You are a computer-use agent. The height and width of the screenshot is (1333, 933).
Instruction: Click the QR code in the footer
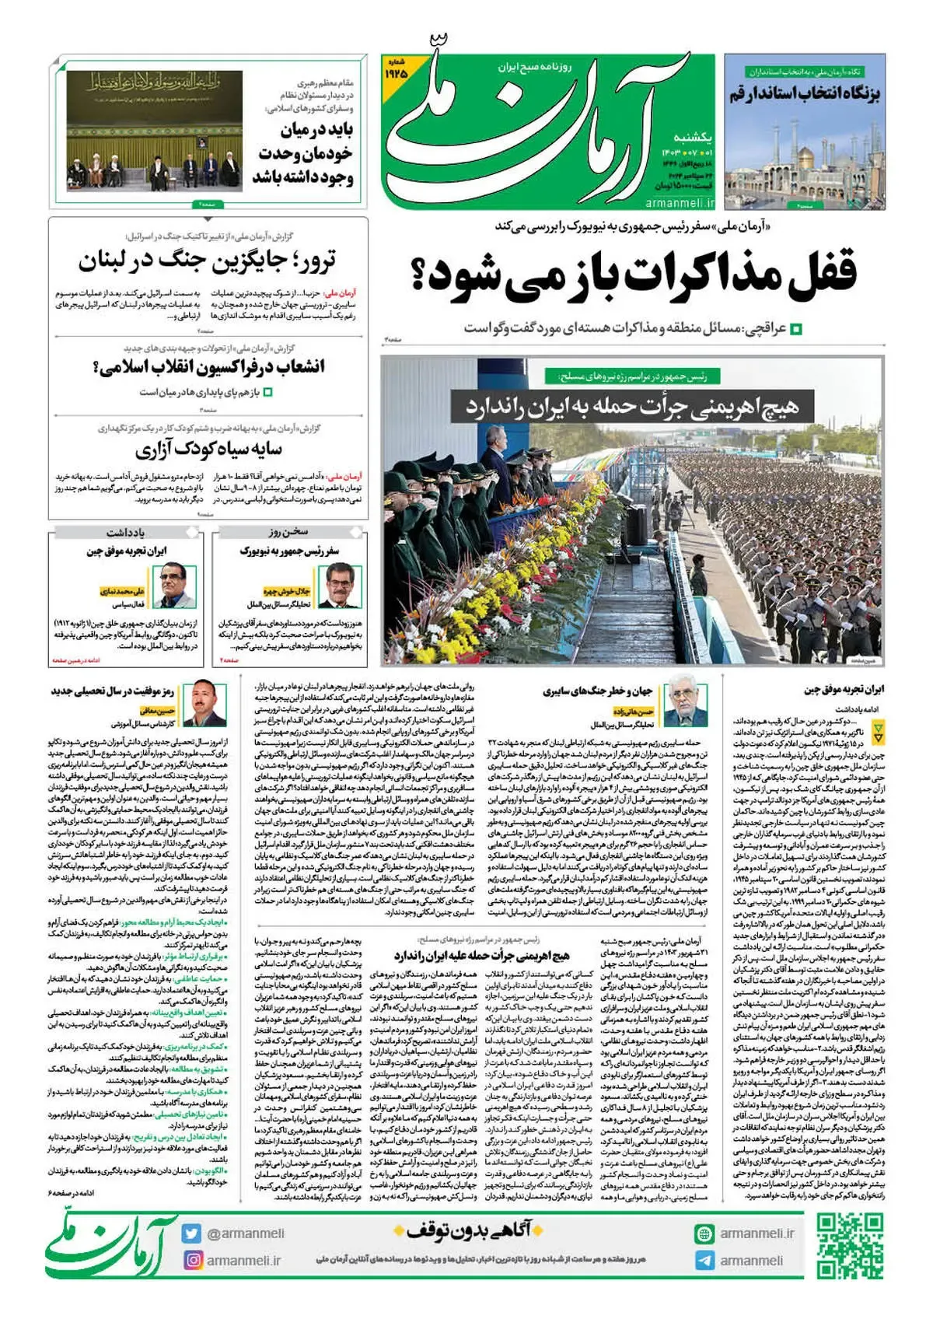(850, 1244)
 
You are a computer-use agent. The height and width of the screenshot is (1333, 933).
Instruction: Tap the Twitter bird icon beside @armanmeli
(191, 1233)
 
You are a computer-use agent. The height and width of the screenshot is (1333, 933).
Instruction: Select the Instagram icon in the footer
(192, 1260)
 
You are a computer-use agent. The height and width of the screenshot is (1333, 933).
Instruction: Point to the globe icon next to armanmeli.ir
(704, 1233)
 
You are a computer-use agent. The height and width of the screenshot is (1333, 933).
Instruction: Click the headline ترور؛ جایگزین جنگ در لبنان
(208, 261)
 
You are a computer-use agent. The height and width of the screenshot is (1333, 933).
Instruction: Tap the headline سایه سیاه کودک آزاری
(208, 450)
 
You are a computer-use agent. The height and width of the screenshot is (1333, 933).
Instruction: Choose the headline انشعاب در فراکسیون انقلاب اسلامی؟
(208, 367)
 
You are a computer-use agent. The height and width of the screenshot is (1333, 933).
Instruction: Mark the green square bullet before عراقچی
(795, 330)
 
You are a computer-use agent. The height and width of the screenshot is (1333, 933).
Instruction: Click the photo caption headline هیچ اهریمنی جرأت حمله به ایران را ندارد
(632, 406)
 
